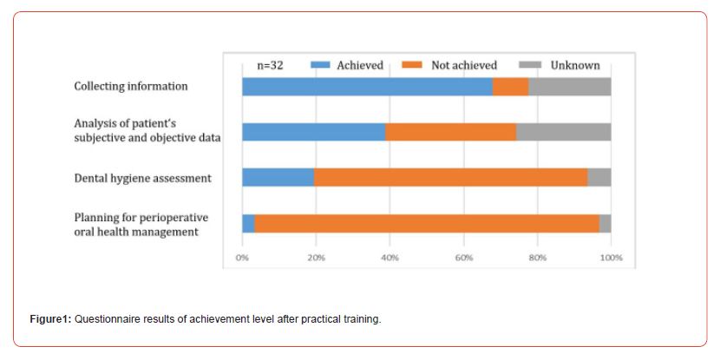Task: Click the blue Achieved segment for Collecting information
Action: pos(367,87)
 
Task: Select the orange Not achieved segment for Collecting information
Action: pos(510,87)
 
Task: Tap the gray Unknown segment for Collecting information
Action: pos(569,87)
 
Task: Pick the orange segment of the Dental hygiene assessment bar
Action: pos(450,178)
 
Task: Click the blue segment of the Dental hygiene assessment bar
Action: pos(278,178)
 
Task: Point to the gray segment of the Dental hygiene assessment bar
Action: pos(599,178)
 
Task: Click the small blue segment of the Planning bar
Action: pos(248,223)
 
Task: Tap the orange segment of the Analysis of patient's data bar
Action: pos(450,132)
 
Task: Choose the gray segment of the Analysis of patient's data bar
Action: pos(563,132)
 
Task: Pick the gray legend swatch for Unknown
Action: pos(530,65)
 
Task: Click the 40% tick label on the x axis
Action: pos(389,258)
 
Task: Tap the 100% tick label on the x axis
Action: pos(611,258)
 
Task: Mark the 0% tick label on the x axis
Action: pos(243,258)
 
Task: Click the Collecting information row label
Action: pos(131,87)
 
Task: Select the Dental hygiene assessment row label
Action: pos(142,178)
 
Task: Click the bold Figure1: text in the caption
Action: pos(51,319)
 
